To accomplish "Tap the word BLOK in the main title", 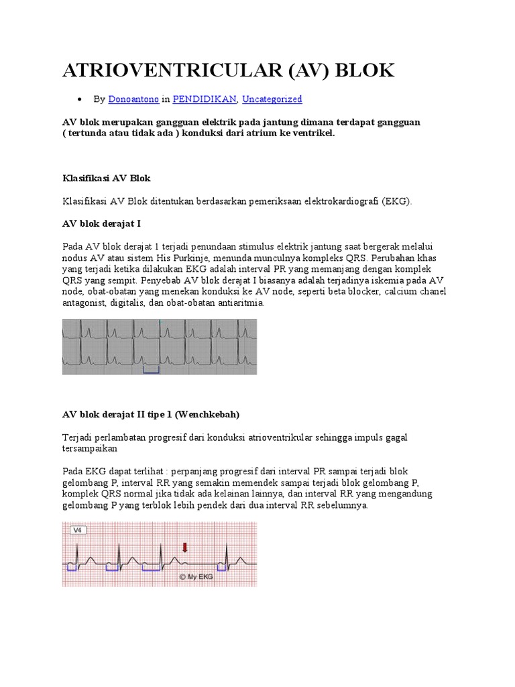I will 363,70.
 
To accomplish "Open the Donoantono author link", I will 134,99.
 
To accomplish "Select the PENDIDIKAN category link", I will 205,99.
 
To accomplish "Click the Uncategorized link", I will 272,99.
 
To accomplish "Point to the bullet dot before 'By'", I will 80,100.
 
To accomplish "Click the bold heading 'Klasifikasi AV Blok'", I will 107,178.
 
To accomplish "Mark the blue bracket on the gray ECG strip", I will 152,370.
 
